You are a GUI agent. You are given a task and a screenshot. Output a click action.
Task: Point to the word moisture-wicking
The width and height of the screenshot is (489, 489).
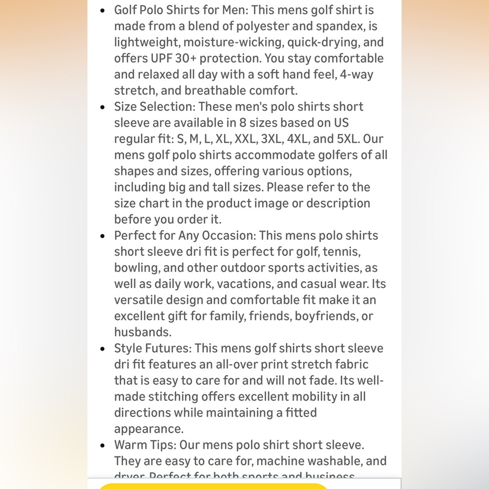[x=211, y=42]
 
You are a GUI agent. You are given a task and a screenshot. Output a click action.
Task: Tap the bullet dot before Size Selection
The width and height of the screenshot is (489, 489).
[x=102, y=107]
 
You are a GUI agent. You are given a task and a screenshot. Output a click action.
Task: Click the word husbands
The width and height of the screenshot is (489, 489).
[x=142, y=332]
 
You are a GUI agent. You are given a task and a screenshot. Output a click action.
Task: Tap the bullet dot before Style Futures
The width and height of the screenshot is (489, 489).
[x=102, y=349]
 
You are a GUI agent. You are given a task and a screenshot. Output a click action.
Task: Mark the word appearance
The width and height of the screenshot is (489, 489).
[x=149, y=429]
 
